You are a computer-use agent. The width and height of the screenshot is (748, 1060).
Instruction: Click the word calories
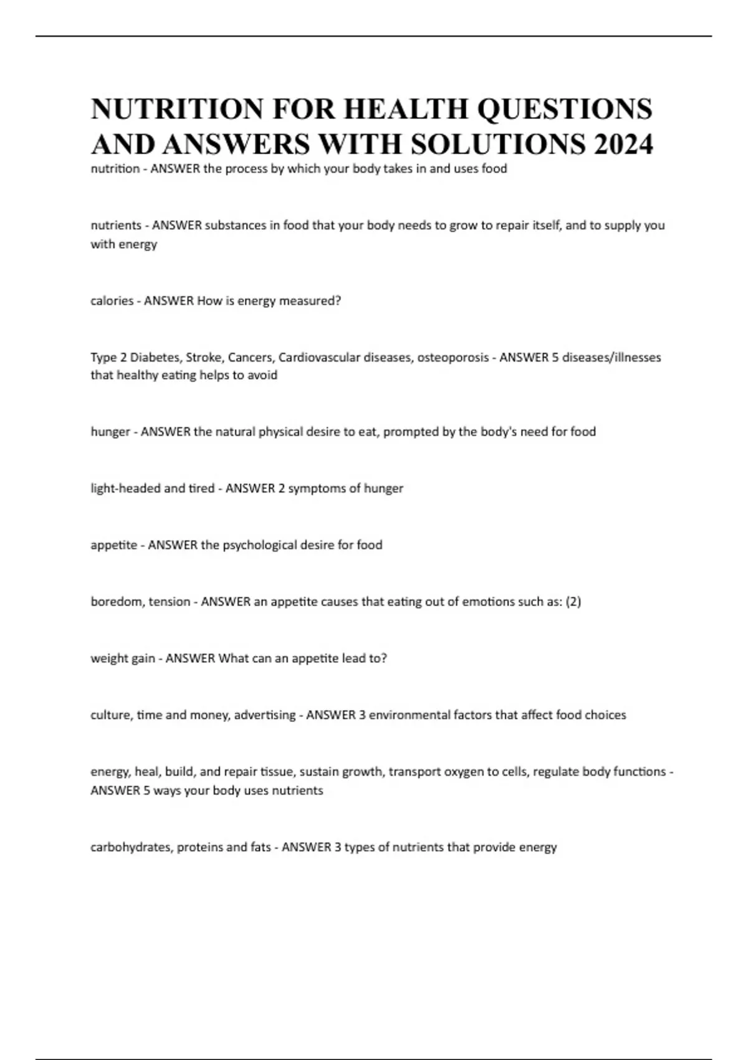(x=112, y=301)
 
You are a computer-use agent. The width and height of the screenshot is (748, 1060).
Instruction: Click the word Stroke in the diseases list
(x=204, y=357)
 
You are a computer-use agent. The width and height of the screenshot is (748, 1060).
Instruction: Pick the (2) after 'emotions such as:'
(x=573, y=602)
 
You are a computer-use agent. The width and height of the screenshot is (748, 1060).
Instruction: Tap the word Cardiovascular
(x=319, y=357)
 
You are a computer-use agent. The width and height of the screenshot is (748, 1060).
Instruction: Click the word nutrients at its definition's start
(x=116, y=225)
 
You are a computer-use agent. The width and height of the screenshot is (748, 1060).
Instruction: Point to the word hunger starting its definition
(x=110, y=431)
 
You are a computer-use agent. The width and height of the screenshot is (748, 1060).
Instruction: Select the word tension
(x=169, y=602)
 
